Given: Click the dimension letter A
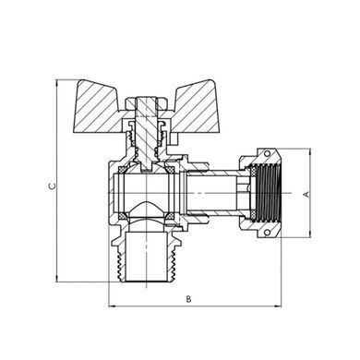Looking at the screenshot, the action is click(306, 194).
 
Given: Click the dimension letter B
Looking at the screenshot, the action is click(188, 299).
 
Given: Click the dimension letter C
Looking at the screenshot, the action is click(53, 186).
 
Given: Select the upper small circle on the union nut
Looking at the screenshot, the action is click(267, 153).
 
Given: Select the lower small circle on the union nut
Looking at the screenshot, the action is click(267, 233).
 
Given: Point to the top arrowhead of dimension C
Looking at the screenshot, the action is click(56, 82).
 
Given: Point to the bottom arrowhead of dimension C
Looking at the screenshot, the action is click(56, 280).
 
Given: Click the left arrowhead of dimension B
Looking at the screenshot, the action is click(112, 306).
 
